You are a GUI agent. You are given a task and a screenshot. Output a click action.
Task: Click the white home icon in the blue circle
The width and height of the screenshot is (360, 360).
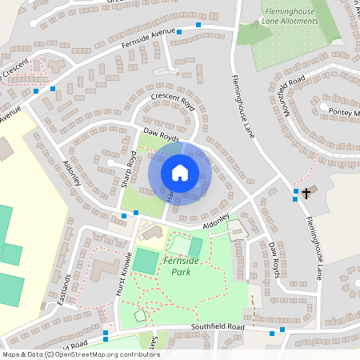point(180,173)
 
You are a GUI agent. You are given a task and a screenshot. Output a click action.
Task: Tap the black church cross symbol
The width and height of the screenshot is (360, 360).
point(306,191)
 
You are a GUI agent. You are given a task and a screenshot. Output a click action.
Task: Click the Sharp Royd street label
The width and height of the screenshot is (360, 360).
point(127,168)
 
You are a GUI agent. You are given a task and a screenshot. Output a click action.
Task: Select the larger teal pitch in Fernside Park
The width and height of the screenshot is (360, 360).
point(146,260)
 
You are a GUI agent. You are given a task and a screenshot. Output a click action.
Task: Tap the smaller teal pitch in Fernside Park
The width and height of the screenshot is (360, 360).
point(195,248)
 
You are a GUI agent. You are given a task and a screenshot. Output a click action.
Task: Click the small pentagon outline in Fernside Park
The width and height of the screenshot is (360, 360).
point(141,316)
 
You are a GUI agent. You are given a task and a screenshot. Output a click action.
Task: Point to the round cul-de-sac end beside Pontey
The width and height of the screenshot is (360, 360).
point(323,107)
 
